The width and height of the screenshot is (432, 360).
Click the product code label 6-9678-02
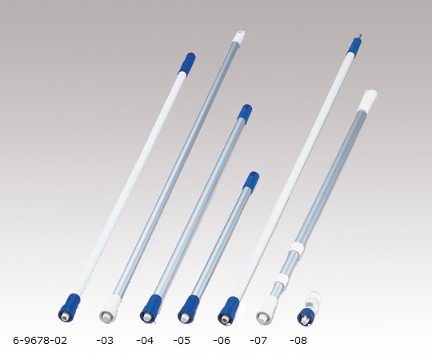[40, 340]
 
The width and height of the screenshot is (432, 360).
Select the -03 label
[105, 340]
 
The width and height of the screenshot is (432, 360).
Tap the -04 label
[145, 340]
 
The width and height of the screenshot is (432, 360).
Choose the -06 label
[222, 340]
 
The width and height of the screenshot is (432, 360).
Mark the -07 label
[260, 340]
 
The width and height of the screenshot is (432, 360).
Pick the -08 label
[299, 340]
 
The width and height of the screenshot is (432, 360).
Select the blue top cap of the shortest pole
[252, 180]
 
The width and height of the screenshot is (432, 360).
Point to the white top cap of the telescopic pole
[370, 99]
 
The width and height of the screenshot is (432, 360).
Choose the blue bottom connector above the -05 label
[189, 307]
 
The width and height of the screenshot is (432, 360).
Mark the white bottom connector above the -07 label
[264, 309]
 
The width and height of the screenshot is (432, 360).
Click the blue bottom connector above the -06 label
[226, 308]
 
